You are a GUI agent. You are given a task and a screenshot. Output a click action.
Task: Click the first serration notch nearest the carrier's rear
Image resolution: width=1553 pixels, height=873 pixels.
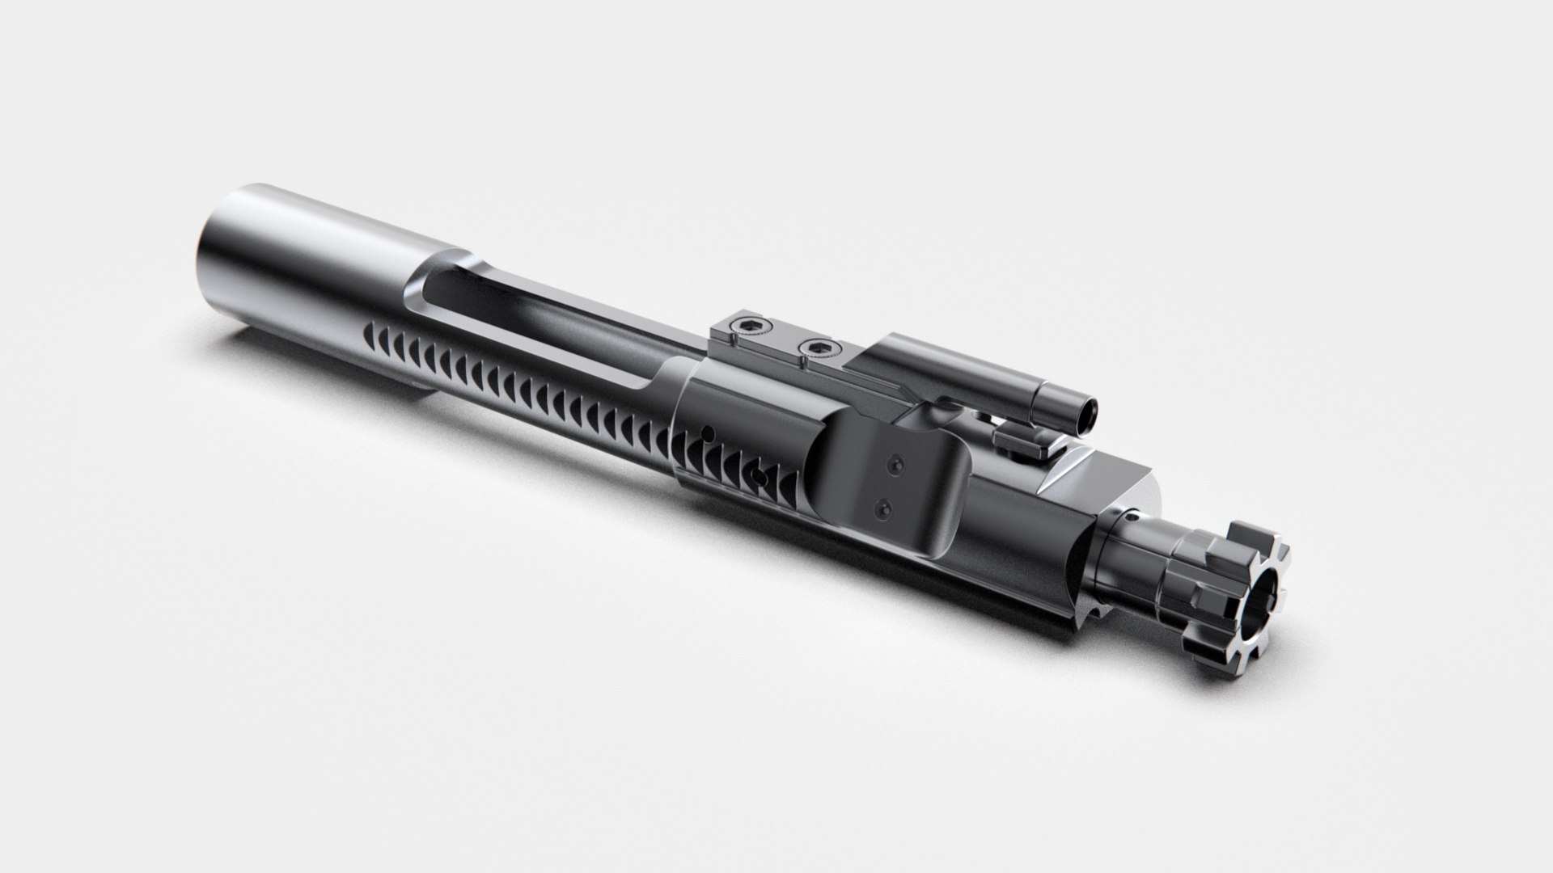coord(374,331)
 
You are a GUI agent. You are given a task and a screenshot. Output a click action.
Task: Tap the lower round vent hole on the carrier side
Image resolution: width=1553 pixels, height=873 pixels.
coord(755,472)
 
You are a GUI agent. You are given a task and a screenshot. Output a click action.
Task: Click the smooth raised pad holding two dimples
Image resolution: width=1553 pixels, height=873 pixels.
coord(890,485)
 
